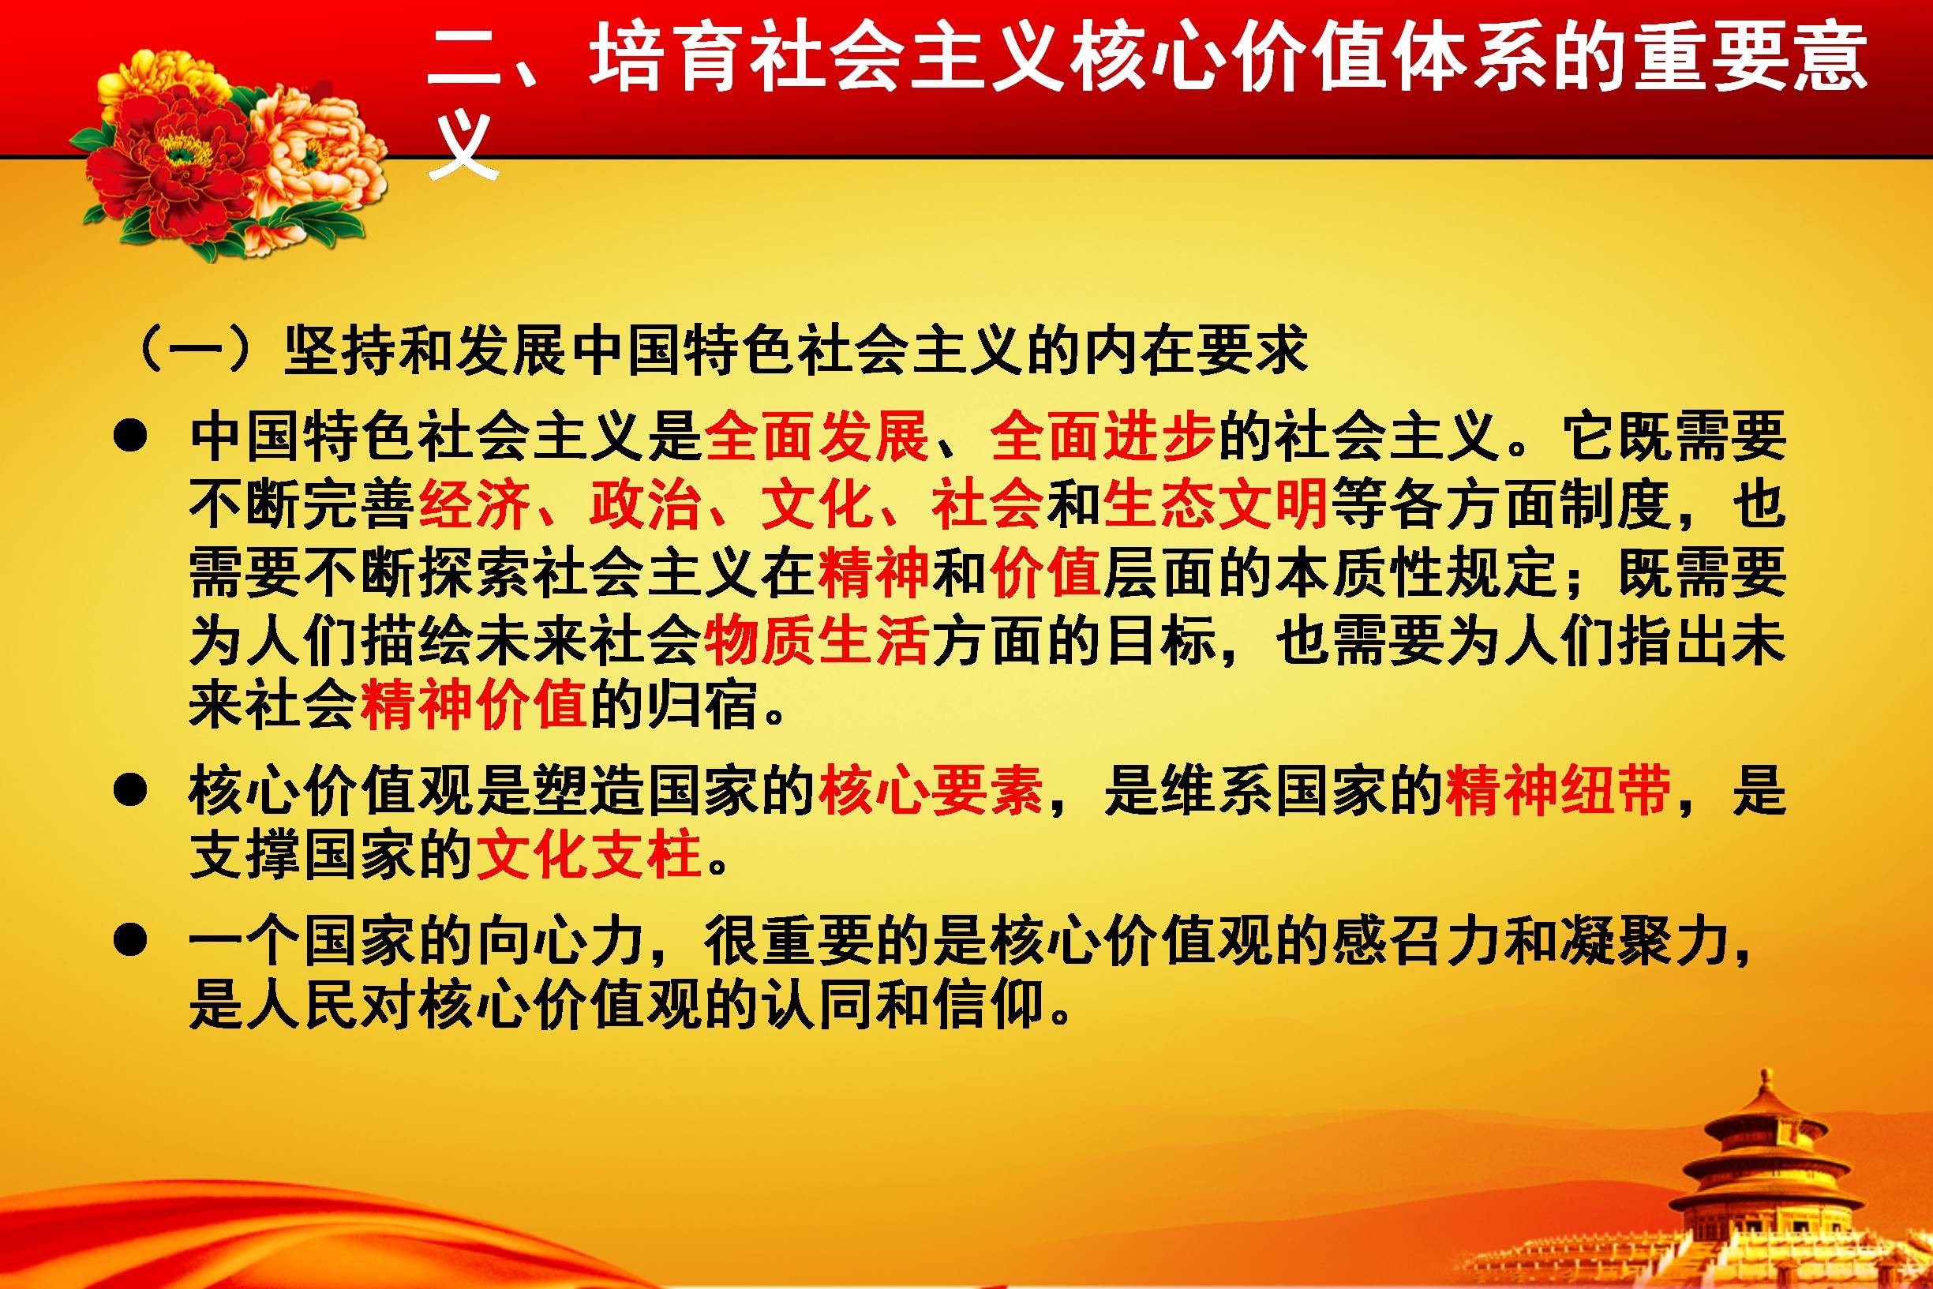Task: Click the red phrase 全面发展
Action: pyautogui.click(x=817, y=436)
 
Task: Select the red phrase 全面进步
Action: pyautogui.click(x=1103, y=436)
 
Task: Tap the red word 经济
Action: pyautogui.click(x=474, y=504)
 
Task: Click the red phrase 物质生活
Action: pyautogui.click(x=817, y=639)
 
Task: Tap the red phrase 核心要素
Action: pyautogui.click(x=931, y=790)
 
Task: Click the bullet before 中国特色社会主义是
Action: pyautogui.click(x=130, y=437)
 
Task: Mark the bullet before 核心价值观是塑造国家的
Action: pyautogui.click(x=130, y=792)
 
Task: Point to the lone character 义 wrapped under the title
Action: pyautogui.click(x=463, y=145)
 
